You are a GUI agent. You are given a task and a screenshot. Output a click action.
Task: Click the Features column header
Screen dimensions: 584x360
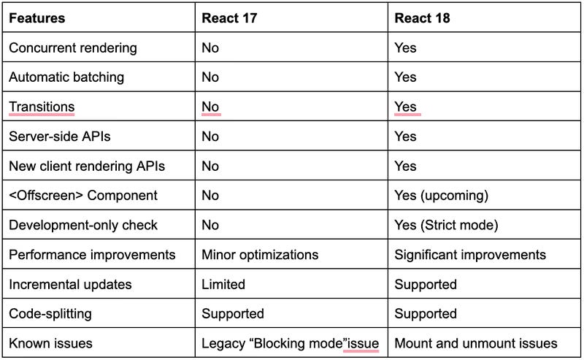click(x=36, y=18)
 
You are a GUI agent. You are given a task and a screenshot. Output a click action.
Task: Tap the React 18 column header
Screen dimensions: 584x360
click(x=423, y=18)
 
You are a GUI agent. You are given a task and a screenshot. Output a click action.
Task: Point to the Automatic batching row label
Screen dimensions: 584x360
click(x=66, y=77)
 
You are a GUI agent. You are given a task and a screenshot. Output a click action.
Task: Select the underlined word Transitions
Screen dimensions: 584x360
click(x=42, y=107)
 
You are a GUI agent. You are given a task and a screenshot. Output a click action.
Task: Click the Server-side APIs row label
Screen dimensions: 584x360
click(x=60, y=137)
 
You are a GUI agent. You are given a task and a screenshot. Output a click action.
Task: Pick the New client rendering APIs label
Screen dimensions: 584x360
click(x=86, y=166)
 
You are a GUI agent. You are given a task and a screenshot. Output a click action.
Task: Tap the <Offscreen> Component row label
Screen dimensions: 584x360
click(x=83, y=196)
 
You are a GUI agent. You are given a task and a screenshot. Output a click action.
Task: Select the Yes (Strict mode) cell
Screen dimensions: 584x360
click(x=446, y=226)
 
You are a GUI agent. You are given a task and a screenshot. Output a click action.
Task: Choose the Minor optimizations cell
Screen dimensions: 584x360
click(x=260, y=255)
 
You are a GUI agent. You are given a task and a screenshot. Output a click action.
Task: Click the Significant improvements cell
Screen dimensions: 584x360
click(x=470, y=255)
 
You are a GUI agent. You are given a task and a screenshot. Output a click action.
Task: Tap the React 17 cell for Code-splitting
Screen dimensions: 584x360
click(x=233, y=314)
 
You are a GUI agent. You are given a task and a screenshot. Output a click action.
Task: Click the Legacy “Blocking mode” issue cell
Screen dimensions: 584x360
click(x=290, y=343)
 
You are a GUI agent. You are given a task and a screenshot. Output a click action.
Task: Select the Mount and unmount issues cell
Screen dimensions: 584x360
click(x=476, y=343)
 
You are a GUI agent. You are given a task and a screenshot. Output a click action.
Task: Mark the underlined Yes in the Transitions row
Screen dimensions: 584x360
click(x=405, y=107)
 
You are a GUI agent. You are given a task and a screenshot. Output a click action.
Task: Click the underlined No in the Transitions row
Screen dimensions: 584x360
click(x=210, y=107)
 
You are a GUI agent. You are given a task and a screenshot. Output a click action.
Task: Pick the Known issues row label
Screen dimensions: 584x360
click(x=50, y=343)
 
